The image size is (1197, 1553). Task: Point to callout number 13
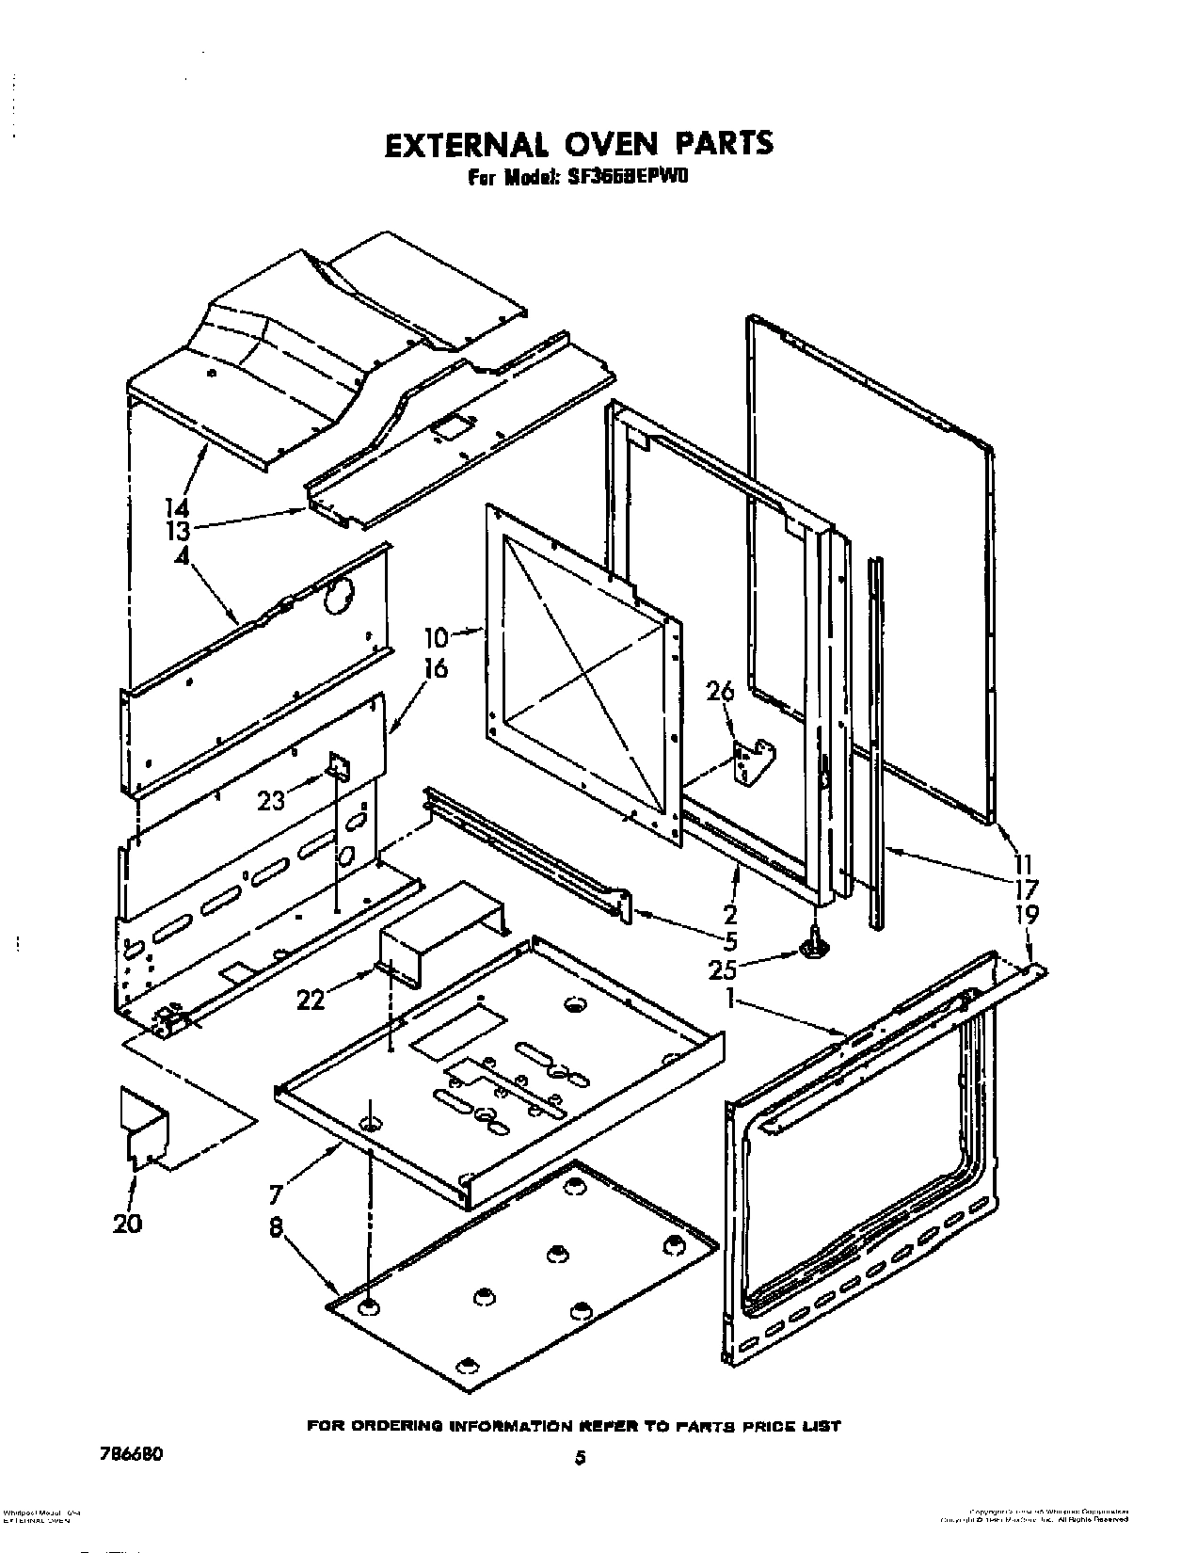(x=178, y=532)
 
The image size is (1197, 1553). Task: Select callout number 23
(x=272, y=801)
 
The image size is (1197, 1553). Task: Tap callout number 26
(x=719, y=693)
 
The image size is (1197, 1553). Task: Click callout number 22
(x=310, y=1000)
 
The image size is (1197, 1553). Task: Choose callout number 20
(x=128, y=1223)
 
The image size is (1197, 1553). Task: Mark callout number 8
(x=278, y=1227)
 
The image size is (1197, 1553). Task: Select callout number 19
(x=1026, y=913)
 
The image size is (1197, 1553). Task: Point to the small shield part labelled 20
(x=144, y=1129)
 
